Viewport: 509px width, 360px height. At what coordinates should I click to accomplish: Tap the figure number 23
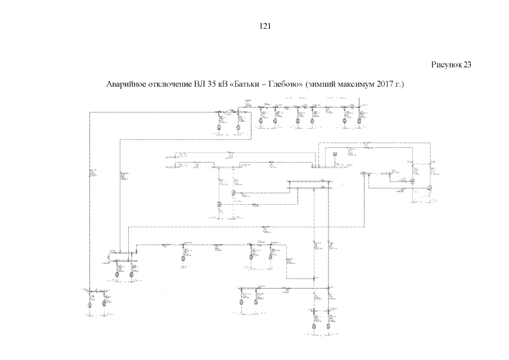(467, 65)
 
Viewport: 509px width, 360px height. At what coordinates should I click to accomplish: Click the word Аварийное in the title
(124, 85)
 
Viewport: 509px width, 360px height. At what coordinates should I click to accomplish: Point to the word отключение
(168, 85)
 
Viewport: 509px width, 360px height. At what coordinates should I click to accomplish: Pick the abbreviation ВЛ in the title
(199, 85)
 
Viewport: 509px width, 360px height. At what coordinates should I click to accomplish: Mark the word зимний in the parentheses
(321, 85)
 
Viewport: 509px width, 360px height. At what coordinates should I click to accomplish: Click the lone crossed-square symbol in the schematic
(334, 152)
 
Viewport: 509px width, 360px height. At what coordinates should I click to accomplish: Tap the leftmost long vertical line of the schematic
(89, 197)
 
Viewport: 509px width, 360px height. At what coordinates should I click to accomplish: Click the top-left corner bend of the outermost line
(89, 112)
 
